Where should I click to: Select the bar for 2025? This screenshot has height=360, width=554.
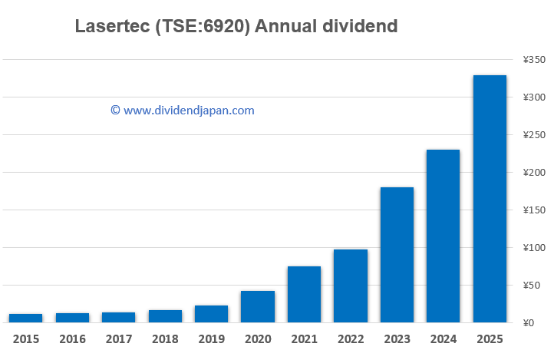point(490,199)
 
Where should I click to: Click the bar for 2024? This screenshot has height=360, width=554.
point(443,236)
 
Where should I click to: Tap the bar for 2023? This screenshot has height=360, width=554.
point(397,255)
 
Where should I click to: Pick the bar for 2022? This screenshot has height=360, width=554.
point(350,286)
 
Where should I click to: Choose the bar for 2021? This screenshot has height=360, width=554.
point(304,294)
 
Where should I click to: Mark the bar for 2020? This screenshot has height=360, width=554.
point(257,306)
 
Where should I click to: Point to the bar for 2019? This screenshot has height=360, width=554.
point(211,314)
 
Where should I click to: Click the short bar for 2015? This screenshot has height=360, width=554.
point(25,318)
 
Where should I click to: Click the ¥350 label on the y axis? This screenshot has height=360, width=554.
point(533,60)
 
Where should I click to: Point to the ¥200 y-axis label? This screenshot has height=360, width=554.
point(533,173)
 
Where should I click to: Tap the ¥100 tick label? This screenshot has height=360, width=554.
point(533,248)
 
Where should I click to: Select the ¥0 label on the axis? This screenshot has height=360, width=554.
point(528,323)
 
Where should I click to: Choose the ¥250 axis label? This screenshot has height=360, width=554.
point(533,135)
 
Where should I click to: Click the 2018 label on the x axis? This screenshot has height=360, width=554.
point(164,338)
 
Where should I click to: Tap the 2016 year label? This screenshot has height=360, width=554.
point(72,338)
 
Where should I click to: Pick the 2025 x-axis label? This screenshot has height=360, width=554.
point(490,338)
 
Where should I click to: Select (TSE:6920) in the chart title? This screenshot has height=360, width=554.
point(201,27)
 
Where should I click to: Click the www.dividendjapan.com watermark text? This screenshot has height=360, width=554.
point(188,111)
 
